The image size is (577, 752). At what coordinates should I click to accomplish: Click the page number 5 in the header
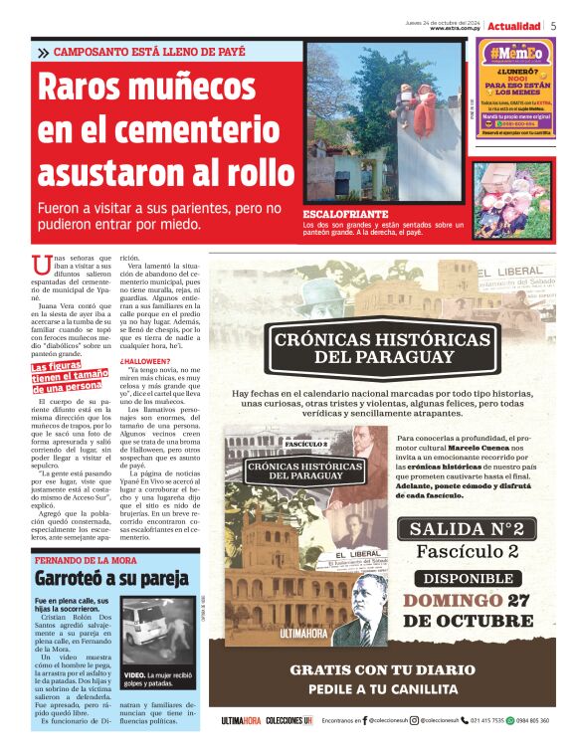pyautogui.click(x=552, y=25)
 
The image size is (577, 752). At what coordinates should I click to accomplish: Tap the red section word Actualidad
pyautogui.click(x=513, y=25)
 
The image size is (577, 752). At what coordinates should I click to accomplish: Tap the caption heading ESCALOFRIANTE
pyautogui.click(x=347, y=213)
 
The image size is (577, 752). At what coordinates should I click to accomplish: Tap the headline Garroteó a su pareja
pyautogui.click(x=111, y=578)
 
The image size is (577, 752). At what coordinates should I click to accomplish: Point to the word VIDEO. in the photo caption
pyautogui.click(x=134, y=674)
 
